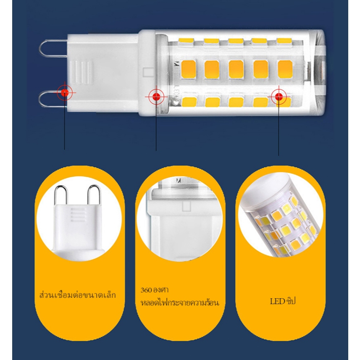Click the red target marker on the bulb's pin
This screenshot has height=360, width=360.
[x=65, y=93]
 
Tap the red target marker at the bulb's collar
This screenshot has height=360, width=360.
[x=156, y=97]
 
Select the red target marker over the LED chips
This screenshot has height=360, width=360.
[x=279, y=97]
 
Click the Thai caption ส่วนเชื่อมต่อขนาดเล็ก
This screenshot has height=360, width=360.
[x=78, y=295]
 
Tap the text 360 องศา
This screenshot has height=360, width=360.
[x=155, y=290]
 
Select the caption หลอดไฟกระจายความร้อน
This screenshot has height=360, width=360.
[x=180, y=302]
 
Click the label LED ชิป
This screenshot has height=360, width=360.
[x=283, y=301]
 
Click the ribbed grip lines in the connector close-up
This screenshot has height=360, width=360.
[x=78, y=215]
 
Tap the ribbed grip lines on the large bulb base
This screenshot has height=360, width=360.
[x=81, y=72]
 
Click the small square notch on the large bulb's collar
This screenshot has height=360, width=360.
[x=148, y=72]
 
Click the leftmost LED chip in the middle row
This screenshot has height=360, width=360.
[x=189, y=69]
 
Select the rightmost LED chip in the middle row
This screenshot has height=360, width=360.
[x=285, y=69]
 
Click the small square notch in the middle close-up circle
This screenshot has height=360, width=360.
[x=187, y=206]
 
